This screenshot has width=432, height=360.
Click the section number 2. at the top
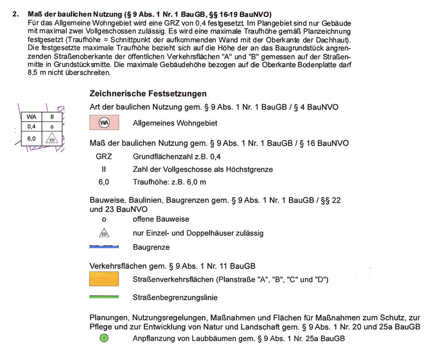click(16, 14)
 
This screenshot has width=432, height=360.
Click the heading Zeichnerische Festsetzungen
click(148, 94)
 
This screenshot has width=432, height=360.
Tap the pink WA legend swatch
click(104, 123)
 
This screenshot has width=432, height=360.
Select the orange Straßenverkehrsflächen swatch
click(104, 279)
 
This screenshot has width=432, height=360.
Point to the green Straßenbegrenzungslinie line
click(104, 297)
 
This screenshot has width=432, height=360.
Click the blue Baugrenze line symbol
click(104, 247)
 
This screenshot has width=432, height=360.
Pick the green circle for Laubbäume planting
click(104, 338)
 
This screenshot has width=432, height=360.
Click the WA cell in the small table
click(32, 117)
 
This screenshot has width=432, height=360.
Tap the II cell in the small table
click(52, 117)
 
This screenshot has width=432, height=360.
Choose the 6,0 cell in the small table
click(32, 138)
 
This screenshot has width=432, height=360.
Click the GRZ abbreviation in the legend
click(104, 156)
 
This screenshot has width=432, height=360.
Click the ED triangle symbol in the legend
click(104, 233)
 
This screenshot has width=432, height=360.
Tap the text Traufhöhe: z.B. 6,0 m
click(169, 182)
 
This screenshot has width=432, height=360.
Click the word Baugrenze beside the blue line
click(151, 247)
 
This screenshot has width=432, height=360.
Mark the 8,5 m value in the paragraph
click(36, 73)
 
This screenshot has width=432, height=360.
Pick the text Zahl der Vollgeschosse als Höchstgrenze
click(203, 169)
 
